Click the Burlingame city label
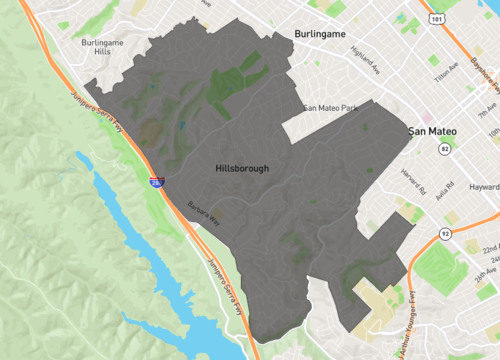320,34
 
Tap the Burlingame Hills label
106,50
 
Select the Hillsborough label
242,169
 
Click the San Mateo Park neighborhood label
331,107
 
